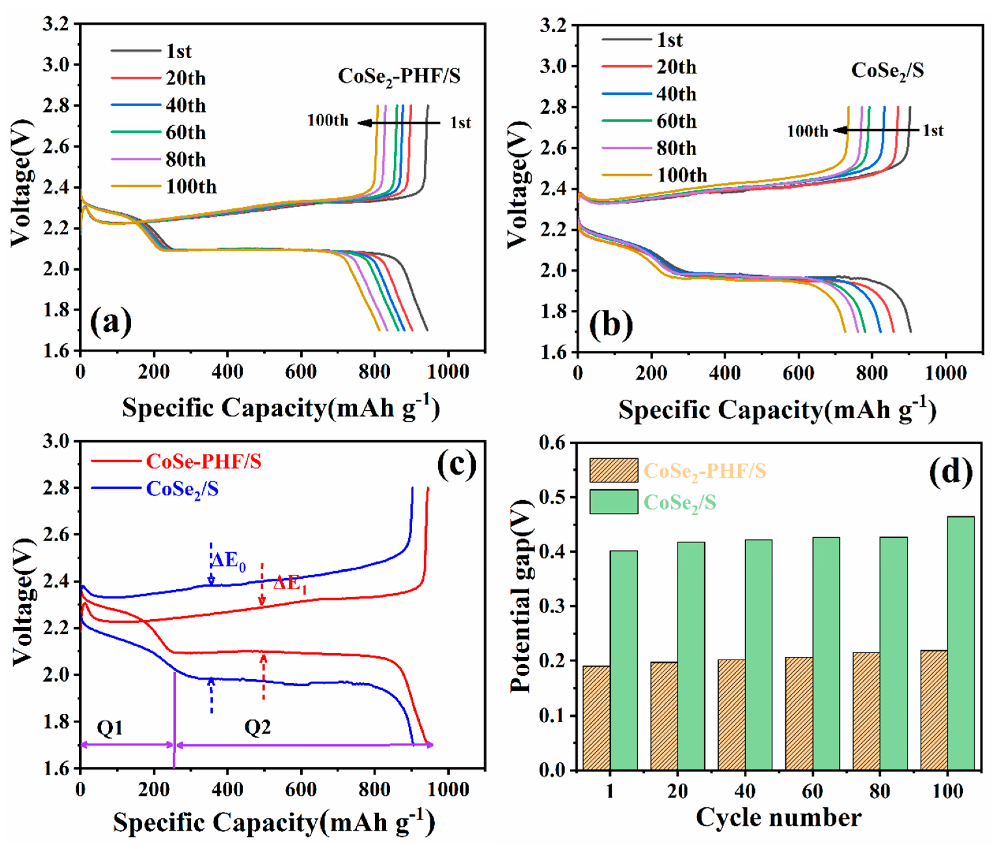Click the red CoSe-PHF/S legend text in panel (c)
click(204, 462)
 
